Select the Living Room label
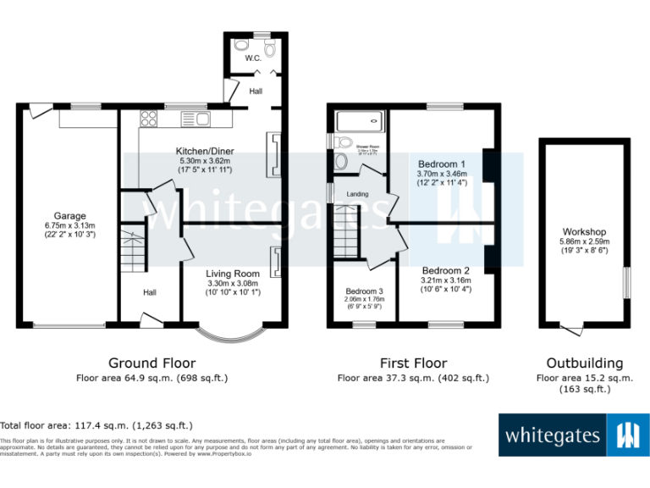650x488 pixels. coord(233,274)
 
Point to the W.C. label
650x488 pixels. coord(253,58)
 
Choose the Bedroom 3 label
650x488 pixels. coord(364,290)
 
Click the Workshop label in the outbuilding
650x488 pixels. coord(584,231)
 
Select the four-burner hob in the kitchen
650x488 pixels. coord(150,119)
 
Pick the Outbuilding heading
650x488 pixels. coord(583,363)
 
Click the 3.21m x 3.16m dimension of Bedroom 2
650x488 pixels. coord(446,280)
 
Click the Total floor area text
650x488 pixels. coord(96,425)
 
